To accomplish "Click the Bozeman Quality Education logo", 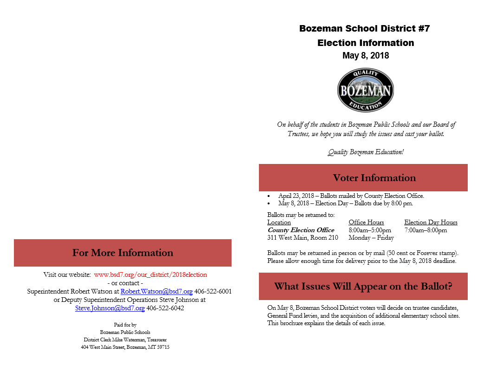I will click(366, 91).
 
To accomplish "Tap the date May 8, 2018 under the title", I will click(366, 56).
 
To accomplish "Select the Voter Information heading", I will click(374, 178).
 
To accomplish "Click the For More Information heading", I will click(122, 253).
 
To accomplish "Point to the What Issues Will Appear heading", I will click(363, 286).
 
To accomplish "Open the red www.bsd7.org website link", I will click(150, 274).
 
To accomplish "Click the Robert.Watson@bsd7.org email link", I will click(156, 291).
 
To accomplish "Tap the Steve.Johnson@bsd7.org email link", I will click(110, 308).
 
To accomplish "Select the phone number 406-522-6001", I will click(213, 291).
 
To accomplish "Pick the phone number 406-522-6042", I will click(165, 308).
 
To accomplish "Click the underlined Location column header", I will click(279, 222).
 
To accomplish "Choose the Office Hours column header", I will click(366, 222).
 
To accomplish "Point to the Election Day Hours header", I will click(431, 222).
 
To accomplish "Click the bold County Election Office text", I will click(301, 230).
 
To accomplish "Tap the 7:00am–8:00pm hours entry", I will click(426, 230).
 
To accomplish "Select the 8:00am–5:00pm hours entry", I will click(370, 230).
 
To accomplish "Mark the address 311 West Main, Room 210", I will click(303, 237).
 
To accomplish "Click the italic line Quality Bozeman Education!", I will click(366, 152).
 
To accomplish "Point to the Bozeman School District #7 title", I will click(365, 28).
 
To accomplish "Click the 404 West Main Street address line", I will click(125, 347).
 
